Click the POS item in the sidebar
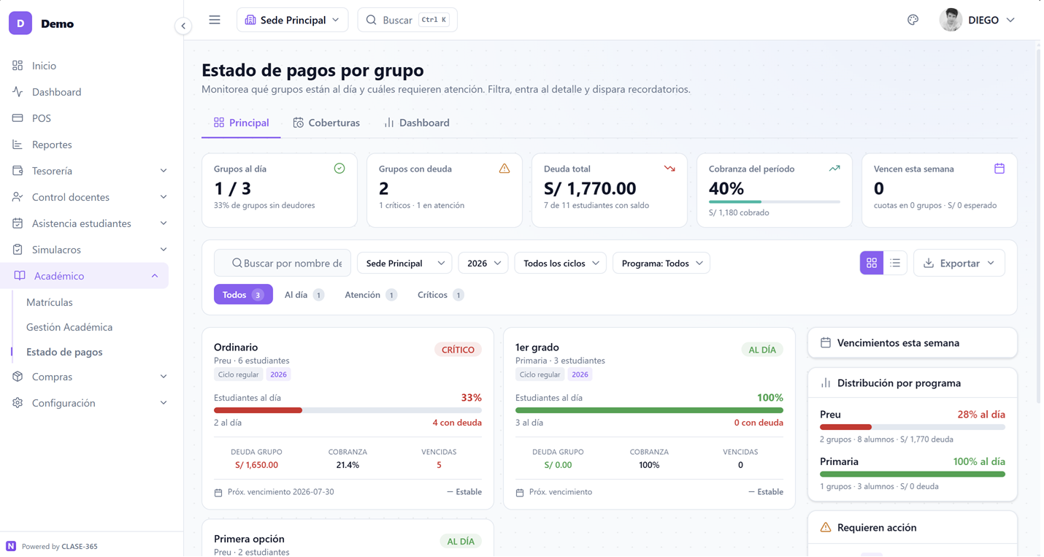41,118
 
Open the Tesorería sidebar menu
88,171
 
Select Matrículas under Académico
50,302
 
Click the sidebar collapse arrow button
183,26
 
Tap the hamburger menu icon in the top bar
215,20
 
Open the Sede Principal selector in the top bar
292,20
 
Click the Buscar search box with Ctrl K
407,20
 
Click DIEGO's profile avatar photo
951,20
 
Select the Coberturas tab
326,123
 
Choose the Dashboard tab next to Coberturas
417,123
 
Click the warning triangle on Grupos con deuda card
504,169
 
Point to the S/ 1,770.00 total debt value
590,189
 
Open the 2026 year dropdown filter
483,264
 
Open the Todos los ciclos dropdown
560,264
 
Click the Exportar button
959,264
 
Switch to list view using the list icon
895,264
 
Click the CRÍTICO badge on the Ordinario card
458,350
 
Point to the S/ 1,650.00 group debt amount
256,465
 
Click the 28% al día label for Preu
981,415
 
